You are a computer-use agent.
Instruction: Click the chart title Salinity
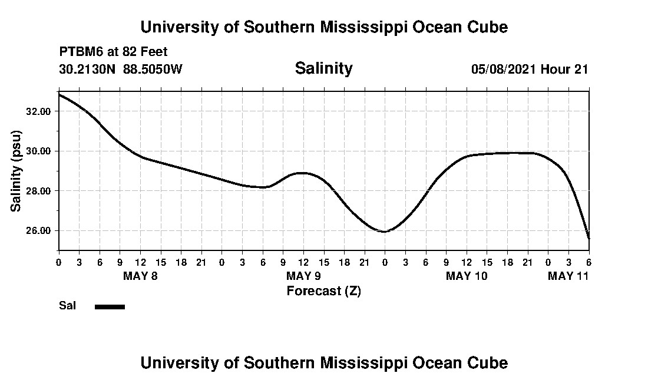pyautogui.click(x=323, y=68)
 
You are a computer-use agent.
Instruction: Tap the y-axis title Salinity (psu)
pyautogui.click(x=16, y=171)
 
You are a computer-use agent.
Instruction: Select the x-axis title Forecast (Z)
pyautogui.click(x=323, y=290)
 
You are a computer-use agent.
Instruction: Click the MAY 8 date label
pyautogui.click(x=140, y=276)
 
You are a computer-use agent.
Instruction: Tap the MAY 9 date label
pyautogui.click(x=303, y=276)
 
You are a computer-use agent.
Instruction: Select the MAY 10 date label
pyautogui.click(x=467, y=276)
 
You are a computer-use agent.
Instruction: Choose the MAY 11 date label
pyautogui.click(x=568, y=276)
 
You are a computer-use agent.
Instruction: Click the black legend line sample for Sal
pyautogui.click(x=110, y=306)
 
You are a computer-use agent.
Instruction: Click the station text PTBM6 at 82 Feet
pyautogui.click(x=114, y=52)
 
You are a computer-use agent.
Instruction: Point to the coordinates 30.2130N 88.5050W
pyautogui.click(x=121, y=69)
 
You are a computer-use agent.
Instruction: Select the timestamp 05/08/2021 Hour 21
pyautogui.click(x=530, y=69)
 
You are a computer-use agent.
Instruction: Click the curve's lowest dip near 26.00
pyautogui.click(x=384, y=232)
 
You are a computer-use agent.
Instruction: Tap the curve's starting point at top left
pyautogui.click(x=59, y=94)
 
